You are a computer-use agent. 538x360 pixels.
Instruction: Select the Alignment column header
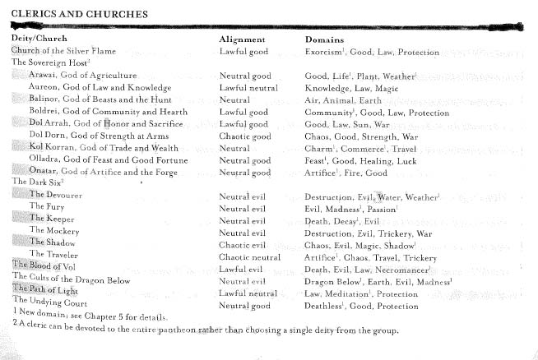coord(242,39)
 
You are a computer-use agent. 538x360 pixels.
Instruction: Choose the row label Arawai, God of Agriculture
coord(82,75)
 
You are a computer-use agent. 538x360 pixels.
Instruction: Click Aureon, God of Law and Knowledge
coord(100,87)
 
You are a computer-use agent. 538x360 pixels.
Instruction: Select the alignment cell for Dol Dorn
coord(244,136)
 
